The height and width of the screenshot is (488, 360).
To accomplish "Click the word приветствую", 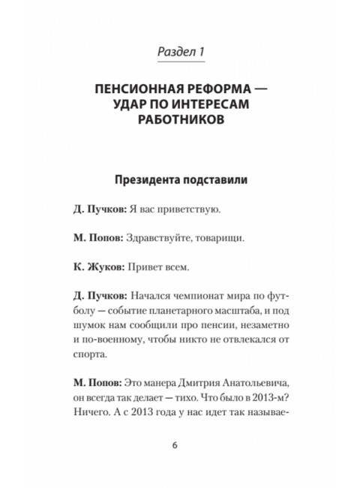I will (x=188, y=210).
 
